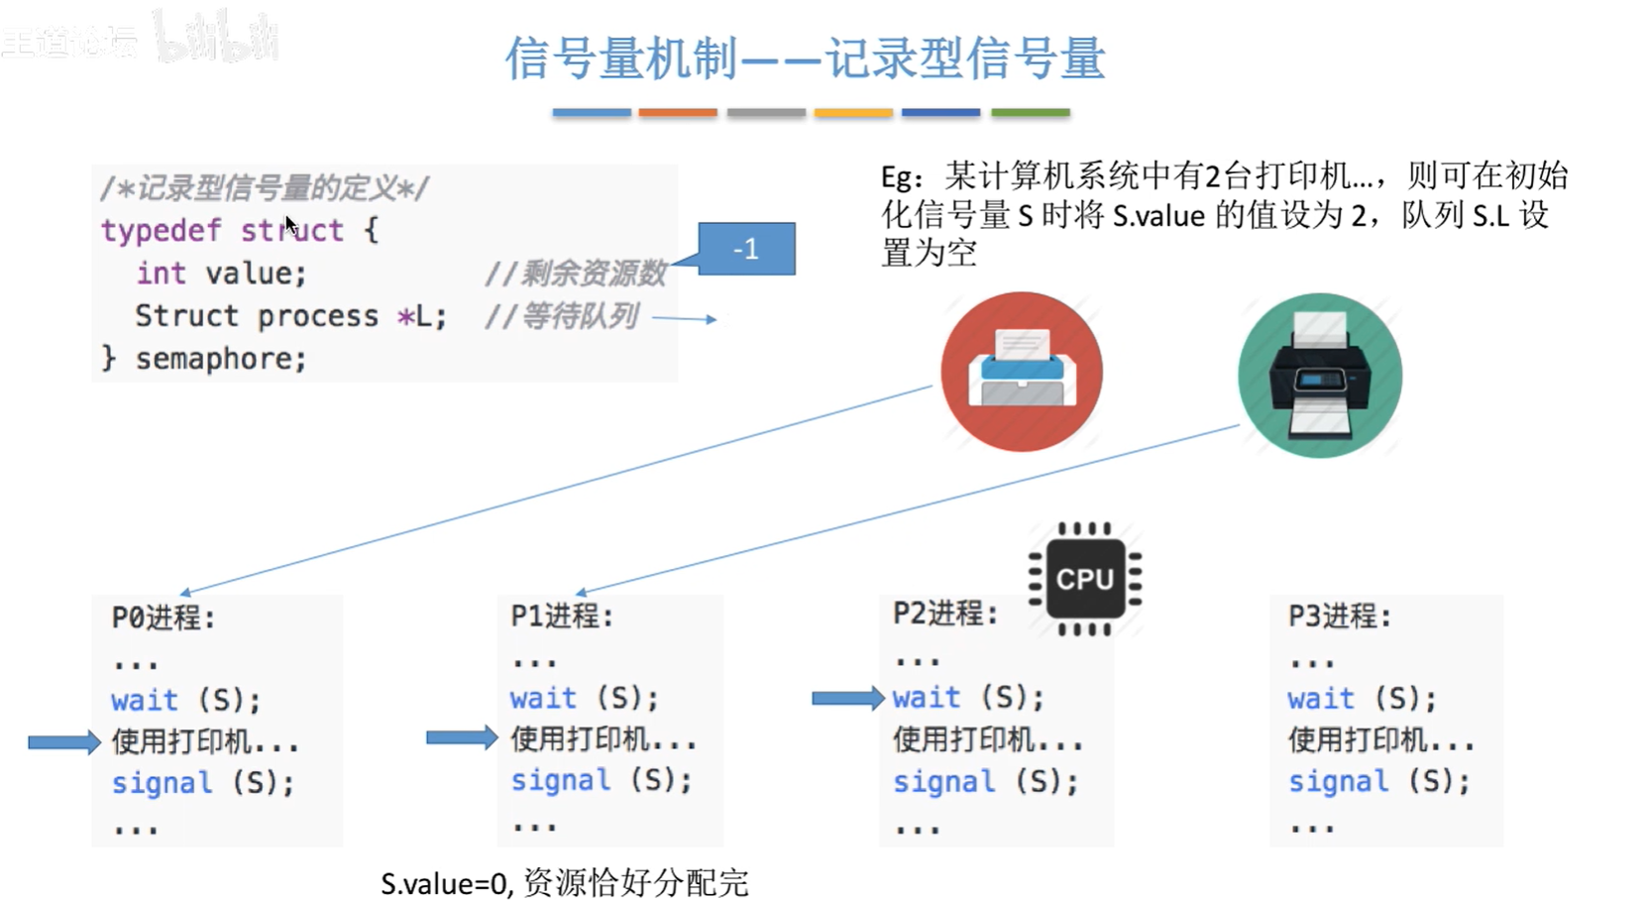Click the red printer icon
point(1022,371)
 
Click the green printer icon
point(1320,375)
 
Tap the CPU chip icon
point(1085,579)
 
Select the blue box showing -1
point(746,249)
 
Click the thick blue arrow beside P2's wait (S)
point(847,698)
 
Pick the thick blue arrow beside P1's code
point(462,736)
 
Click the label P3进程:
point(1340,617)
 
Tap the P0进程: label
point(164,618)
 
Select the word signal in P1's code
point(560,781)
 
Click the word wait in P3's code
point(1321,699)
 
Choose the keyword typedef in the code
point(161,231)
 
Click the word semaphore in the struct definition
point(221,359)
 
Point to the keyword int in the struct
point(161,274)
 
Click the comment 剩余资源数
point(594,273)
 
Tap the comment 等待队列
point(579,316)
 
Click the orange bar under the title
point(678,113)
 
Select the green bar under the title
point(1031,113)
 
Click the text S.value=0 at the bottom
point(445,882)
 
